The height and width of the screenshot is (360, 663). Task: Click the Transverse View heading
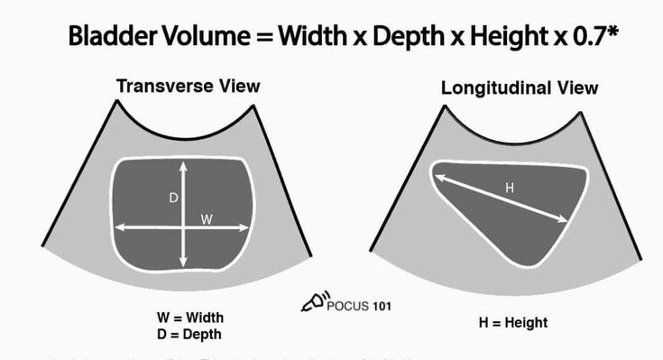click(x=188, y=87)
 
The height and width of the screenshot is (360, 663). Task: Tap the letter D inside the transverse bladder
click(x=173, y=198)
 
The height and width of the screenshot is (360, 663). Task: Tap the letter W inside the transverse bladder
click(x=206, y=217)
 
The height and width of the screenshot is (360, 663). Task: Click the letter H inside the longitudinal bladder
click(x=509, y=188)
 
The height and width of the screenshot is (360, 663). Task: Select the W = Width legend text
click(x=189, y=318)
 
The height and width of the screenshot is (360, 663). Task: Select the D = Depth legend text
click(x=189, y=335)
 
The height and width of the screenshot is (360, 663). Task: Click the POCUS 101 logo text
click(x=358, y=305)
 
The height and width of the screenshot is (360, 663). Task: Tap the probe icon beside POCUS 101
click(x=313, y=302)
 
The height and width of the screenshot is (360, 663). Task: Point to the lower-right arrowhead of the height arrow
click(x=565, y=219)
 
